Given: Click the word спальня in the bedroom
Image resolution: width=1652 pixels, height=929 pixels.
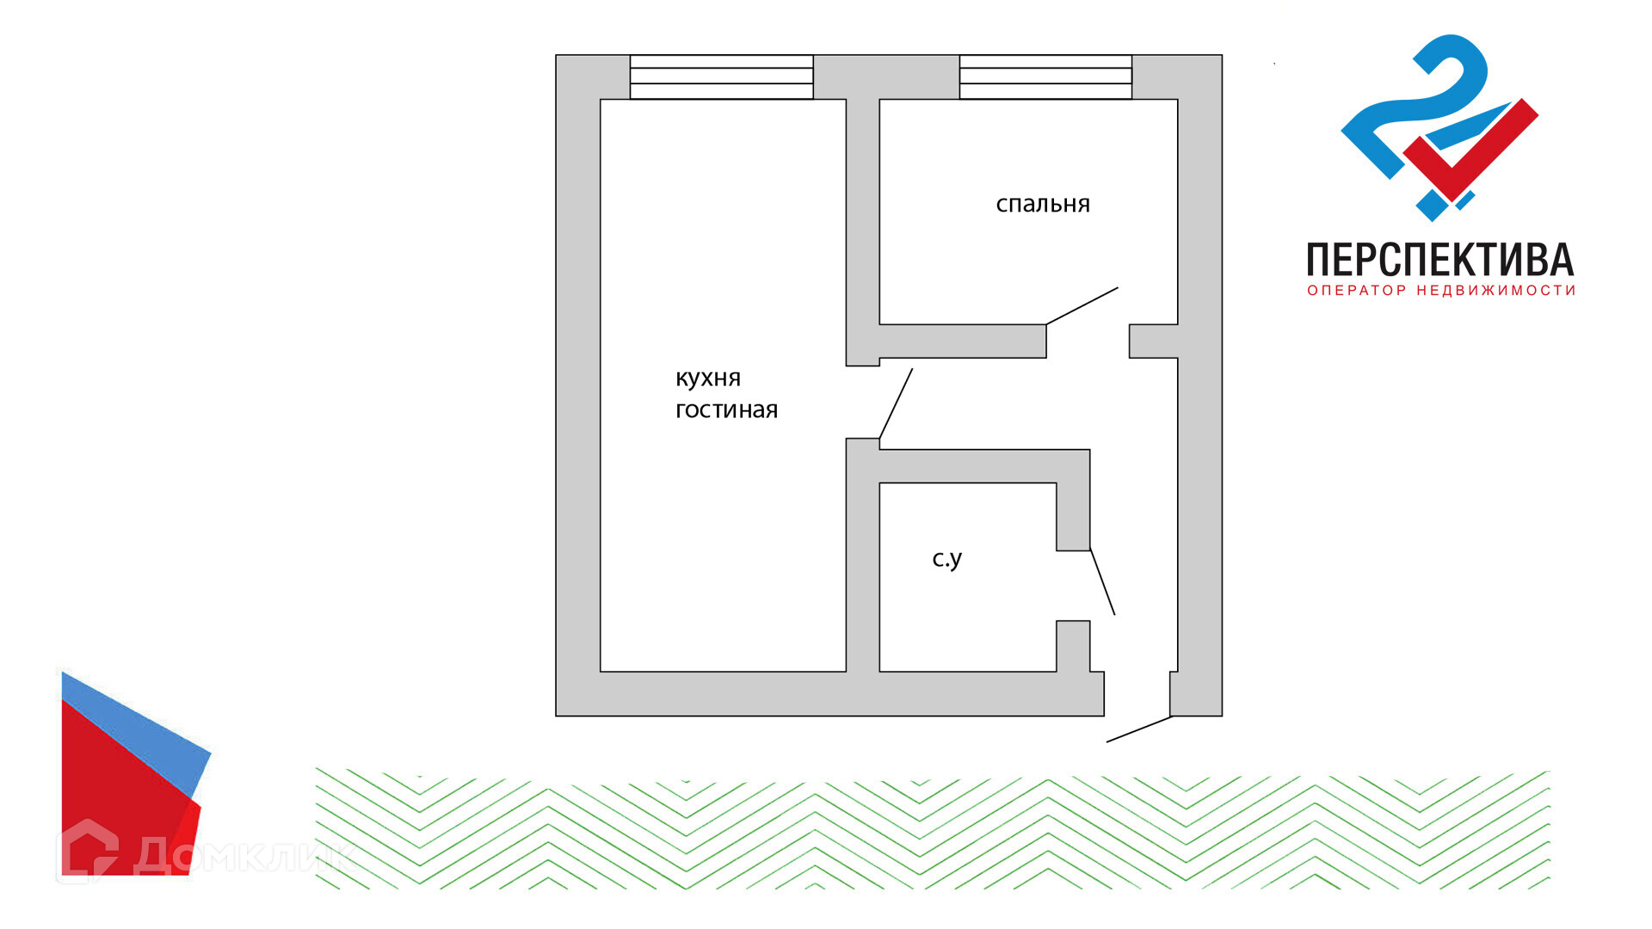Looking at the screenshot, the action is click(x=1043, y=205).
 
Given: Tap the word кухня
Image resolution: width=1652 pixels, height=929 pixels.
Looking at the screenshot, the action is click(x=707, y=378).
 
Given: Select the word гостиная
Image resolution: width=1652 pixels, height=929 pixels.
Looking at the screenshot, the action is click(x=726, y=410).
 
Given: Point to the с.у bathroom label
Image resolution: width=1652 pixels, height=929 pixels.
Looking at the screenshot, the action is click(x=946, y=559).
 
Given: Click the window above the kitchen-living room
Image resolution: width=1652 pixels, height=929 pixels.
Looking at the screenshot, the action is click(x=721, y=77).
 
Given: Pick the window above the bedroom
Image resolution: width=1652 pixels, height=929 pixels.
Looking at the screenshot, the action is click(x=1045, y=77).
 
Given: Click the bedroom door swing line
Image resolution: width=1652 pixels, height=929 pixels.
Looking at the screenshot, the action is click(x=1082, y=306).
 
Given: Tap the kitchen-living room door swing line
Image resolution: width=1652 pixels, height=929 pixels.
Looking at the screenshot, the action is click(x=896, y=403).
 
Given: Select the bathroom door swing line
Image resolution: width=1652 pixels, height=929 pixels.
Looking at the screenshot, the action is click(x=1102, y=581).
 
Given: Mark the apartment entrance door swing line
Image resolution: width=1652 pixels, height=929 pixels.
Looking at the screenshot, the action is click(x=1138, y=729).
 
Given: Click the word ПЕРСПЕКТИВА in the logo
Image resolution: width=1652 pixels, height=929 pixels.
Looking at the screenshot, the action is click(x=1439, y=260).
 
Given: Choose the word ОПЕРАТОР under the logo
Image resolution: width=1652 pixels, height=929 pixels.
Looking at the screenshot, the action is click(x=1357, y=291).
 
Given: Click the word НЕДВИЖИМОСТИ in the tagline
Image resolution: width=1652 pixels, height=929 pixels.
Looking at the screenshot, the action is click(x=1496, y=291).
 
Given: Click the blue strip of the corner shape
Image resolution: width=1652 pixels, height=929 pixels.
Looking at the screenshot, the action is click(x=138, y=731).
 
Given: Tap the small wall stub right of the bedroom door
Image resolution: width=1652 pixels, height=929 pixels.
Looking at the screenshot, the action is click(x=1153, y=341).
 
